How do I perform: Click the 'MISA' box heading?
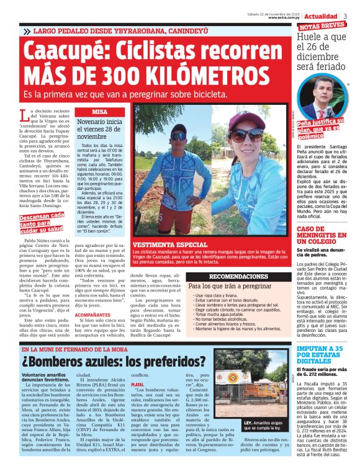click(x=99, y=112)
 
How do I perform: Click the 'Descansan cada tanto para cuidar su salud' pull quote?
click(x=41, y=221)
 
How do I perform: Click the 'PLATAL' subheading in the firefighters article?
click(x=137, y=385)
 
